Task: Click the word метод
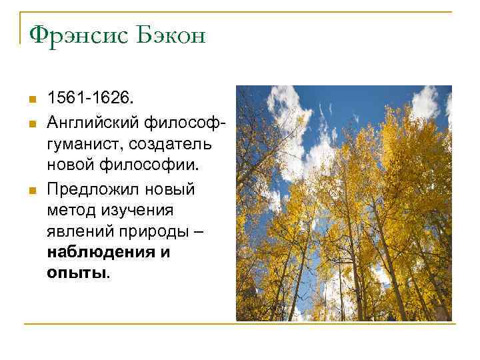(x=70, y=211)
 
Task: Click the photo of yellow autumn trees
(x=343, y=203)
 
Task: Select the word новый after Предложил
(x=171, y=189)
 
